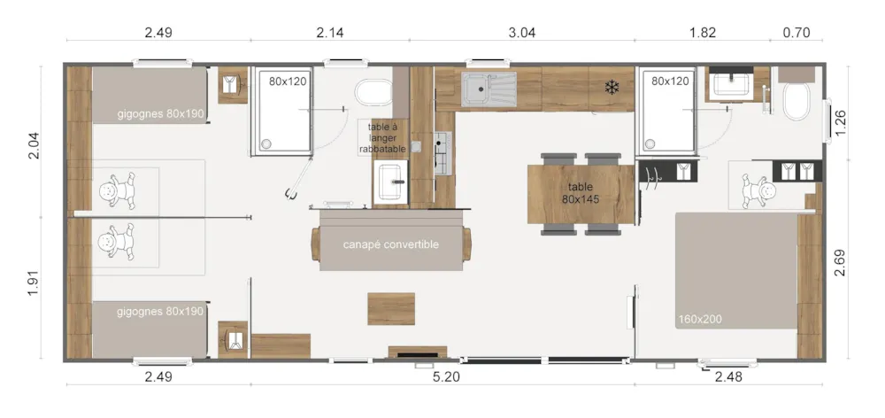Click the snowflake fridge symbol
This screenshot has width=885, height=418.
(x=612, y=87)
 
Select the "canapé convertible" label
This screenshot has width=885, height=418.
(x=390, y=244)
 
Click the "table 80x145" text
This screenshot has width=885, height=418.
(x=581, y=193)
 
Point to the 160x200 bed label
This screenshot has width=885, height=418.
(x=700, y=320)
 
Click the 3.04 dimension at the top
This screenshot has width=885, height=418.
(x=521, y=32)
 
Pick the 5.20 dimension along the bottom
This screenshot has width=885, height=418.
(x=446, y=376)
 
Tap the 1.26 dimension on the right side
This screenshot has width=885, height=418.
(x=841, y=122)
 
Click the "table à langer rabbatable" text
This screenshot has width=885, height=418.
(x=382, y=138)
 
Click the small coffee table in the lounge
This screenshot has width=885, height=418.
(x=391, y=309)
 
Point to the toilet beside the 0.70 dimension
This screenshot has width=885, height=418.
(x=796, y=101)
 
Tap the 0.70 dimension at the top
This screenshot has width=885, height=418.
(x=796, y=32)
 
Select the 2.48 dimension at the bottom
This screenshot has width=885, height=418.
(x=728, y=376)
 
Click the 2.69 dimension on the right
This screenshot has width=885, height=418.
(x=841, y=263)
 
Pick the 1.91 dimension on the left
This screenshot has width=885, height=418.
(x=34, y=288)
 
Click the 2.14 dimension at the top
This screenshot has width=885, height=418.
(x=330, y=32)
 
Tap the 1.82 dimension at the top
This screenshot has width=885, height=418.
(x=703, y=32)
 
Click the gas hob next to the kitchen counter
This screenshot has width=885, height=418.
(x=443, y=153)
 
